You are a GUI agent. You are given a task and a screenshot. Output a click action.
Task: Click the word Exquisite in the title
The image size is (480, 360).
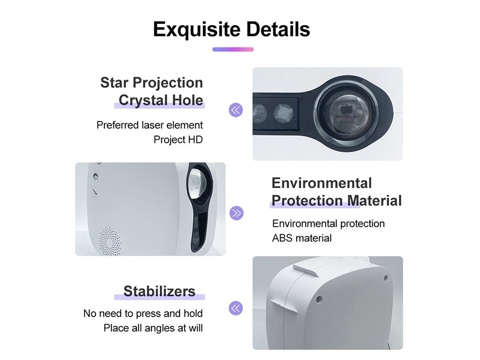click(196, 30)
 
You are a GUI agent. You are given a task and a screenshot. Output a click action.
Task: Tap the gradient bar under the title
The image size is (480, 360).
click(233, 49)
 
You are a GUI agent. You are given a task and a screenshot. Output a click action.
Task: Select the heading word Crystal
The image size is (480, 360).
click(143, 100)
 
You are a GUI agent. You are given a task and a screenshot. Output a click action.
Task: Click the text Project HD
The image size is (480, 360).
click(178, 140)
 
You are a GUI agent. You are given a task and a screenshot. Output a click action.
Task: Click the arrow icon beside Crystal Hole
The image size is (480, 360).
click(236, 110)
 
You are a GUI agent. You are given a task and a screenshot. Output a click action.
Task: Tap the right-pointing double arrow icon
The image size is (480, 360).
click(236, 213)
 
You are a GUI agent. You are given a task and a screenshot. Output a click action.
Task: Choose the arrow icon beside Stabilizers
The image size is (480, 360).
click(236, 308)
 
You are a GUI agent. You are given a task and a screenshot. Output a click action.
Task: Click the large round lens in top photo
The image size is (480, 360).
click(346, 110)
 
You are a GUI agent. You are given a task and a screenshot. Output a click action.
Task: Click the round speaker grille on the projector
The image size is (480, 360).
click(109, 241)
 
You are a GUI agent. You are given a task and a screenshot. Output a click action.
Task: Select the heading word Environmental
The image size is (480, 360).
click(322, 183)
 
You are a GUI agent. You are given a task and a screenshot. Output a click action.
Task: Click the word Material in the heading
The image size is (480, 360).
click(375, 201)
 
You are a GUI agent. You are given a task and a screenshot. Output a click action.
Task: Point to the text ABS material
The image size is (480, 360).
click(302, 238)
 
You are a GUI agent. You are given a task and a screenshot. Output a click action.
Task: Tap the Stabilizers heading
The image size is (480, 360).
click(159, 291)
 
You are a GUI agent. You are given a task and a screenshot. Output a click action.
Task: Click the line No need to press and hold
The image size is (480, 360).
click(143, 314)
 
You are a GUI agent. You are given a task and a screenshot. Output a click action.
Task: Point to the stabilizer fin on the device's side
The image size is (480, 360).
click(284, 307)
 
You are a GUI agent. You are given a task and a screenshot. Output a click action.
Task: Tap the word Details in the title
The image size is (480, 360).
click(278, 30)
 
